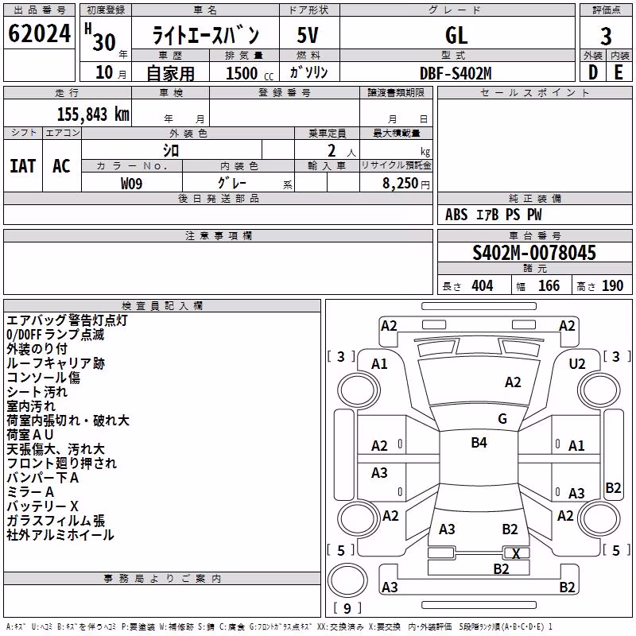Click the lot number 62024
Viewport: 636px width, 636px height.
click(39, 33)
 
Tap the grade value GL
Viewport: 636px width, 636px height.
click(456, 35)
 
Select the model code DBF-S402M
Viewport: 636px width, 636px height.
click(456, 73)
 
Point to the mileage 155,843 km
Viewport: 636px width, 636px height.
click(93, 114)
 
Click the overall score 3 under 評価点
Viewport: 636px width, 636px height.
click(606, 37)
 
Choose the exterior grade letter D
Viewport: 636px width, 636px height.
click(593, 72)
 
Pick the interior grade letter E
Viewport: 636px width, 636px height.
click(619, 72)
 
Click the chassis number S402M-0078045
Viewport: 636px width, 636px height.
click(534, 253)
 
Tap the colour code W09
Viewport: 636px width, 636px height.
click(131, 184)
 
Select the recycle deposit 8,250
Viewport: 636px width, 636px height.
click(401, 184)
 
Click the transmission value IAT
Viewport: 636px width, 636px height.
click(23, 166)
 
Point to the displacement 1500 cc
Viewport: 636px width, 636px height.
click(250, 73)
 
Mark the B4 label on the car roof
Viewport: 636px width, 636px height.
click(479, 442)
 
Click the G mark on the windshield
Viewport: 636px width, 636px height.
click(502, 419)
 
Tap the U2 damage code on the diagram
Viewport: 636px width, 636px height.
click(577, 364)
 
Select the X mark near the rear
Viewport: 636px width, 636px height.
click(516, 553)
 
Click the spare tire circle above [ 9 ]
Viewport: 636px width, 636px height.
click(347, 580)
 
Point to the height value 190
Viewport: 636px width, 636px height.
click(612, 286)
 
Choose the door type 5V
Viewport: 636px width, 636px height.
click(308, 35)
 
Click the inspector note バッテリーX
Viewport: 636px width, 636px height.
click(43, 506)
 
